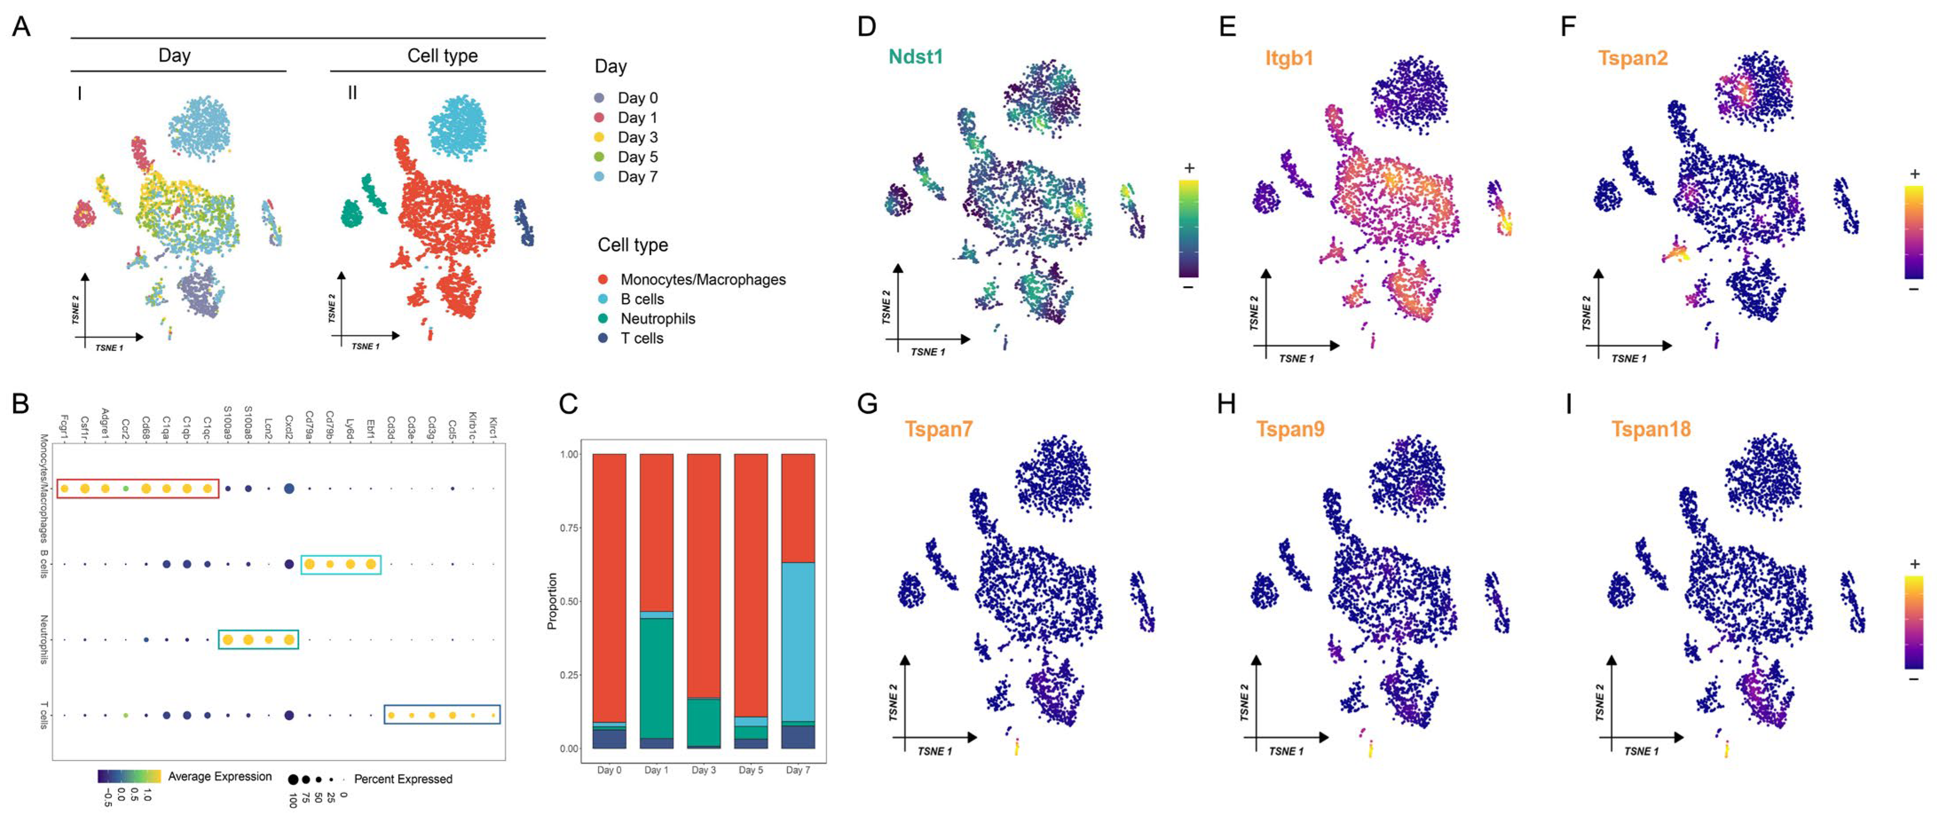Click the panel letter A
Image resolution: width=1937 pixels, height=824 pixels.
pos(21,27)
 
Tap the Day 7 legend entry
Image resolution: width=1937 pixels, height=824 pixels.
pos(637,177)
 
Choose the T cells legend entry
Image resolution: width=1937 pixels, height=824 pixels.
pos(641,338)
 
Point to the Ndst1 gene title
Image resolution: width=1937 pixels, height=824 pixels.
pos(915,57)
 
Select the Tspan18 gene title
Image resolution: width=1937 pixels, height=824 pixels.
pos(1650,429)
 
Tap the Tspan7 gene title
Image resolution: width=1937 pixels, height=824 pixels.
pos(939,429)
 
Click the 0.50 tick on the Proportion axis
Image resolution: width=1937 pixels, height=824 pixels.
pos(569,601)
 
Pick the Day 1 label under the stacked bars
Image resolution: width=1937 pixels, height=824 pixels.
pos(656,770)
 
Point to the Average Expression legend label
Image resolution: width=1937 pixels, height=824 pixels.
pos(220,777)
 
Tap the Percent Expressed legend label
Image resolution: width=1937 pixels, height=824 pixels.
pos(403,779)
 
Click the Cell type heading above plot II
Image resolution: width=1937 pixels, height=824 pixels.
pos(442,55)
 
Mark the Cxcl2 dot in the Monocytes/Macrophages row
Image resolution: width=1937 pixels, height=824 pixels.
pos(289,489)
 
